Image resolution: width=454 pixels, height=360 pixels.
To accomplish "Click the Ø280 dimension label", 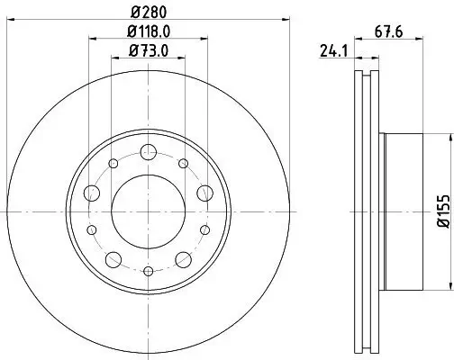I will pyautogui.click(x=149, y=13).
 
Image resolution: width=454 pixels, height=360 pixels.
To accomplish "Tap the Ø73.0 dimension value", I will pyautogui.click(x=149, y=49).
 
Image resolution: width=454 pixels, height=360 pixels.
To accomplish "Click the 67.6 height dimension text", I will pyautogui.click(x=388, y=33).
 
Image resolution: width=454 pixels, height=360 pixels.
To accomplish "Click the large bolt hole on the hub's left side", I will pyautogui.click(x=92, y=193).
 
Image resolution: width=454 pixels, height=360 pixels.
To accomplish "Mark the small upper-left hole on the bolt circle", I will pyautogui.click(x=113, y=164).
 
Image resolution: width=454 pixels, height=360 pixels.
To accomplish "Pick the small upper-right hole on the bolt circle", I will pyautogui.click(x=184, y=164).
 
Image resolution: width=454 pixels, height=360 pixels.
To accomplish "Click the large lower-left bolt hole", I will pyautogui.click(x=113, y=260).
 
